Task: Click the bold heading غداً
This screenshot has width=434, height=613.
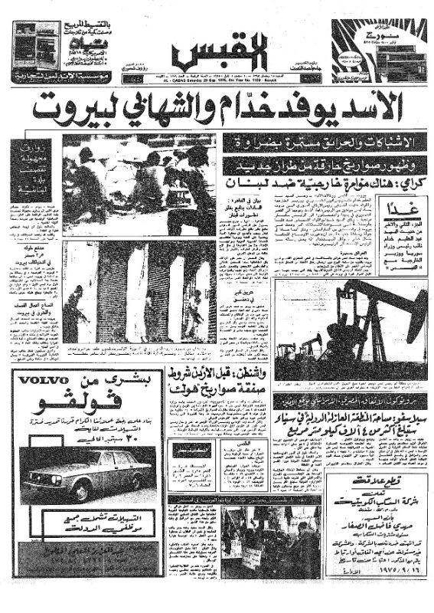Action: click(400, 209)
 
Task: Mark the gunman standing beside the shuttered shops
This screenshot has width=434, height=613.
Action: click(74, 314)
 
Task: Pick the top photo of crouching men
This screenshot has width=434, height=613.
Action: click(138, 184)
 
